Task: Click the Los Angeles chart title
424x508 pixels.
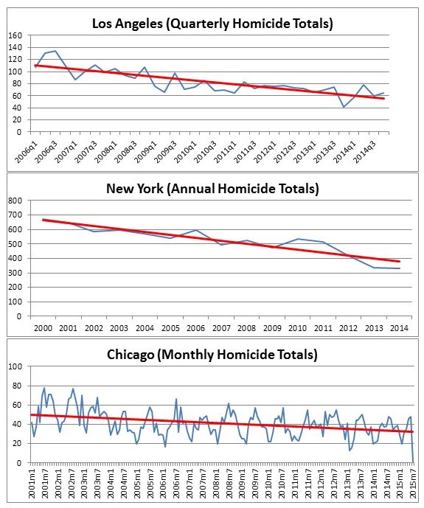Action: pyautogui.click(x=212, y=24)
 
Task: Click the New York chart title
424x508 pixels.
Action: pyautogui.click(x=212, y=189)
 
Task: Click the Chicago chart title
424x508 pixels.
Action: pyautogui.click(x=212, y=355)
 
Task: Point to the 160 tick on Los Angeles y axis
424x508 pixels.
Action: pyautogui.click(x=15, y=35)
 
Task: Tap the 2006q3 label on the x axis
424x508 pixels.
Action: pyautogui.click(x=46, y=152)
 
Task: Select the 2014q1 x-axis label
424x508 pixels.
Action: pyautogui.click(x=345, y=152)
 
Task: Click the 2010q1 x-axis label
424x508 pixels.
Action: pyautogui.click(x=186, y=152)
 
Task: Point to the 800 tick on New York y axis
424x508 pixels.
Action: pyautogui.click(x=15, y=201)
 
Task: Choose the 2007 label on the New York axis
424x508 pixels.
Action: pyautogui.click(x=221, y=328)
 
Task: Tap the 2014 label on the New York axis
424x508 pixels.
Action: pyautogui.click(x=399, y=328)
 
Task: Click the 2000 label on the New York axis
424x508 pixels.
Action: pyautogui.click(x=43, y=328)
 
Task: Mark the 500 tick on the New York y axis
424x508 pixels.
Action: pyautogui.click(x=15, y=244)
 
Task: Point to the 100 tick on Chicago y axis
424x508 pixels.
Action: pyautogui.click(x=15, y=366)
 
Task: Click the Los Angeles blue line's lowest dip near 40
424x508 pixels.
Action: pyautogui.click(x=344, y=107)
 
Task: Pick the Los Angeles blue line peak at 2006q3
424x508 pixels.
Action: pyautogui.click(x=55, y=51)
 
